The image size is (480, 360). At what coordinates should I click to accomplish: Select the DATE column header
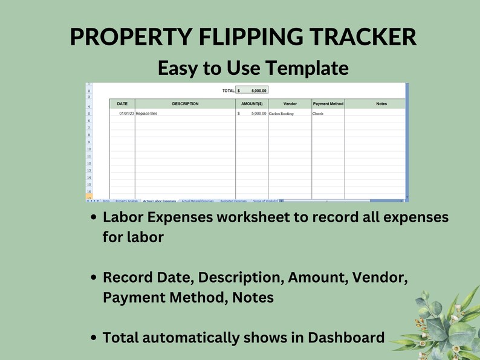122,104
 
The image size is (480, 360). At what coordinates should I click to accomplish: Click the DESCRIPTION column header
185,104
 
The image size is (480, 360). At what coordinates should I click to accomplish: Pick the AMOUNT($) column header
251,104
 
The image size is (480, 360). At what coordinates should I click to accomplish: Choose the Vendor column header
290,104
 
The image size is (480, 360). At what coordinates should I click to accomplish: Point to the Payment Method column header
328,104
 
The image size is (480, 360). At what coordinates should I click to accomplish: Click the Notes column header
381,104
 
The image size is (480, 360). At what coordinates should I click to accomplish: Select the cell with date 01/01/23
126,114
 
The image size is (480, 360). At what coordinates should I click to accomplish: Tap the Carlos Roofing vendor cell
282,114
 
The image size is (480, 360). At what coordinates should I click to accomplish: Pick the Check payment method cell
318,114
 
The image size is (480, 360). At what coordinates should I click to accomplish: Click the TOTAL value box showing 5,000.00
251,91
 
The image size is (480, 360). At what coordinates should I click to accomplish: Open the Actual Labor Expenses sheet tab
160,201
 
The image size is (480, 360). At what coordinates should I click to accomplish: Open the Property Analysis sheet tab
126,201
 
